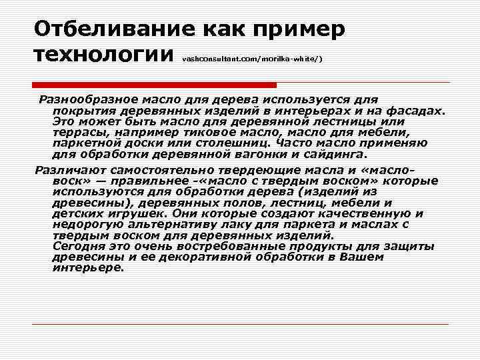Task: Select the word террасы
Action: point(76,133)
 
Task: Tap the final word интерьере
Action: point(88,268)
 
